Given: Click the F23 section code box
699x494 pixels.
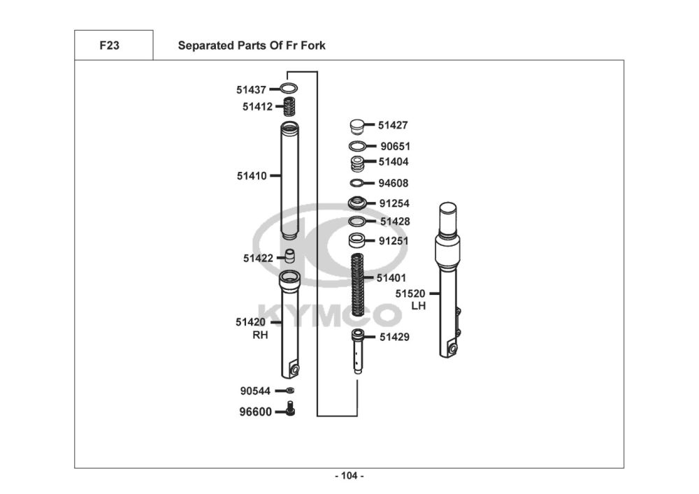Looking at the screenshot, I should coord(109,46).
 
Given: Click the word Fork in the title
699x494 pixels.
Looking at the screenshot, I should coord(312,46).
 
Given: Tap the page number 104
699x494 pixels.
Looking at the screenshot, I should coord(349,476).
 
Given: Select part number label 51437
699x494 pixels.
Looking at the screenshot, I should coord(251,90).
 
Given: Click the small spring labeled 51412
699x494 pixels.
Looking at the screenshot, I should coord(287,108).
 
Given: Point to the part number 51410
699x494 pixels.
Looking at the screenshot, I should coord(252,176).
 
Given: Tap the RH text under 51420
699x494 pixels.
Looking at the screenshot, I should coord(260,335).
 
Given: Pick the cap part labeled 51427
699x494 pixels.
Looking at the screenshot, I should coord(357,126).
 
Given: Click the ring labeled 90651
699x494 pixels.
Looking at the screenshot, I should coord(357,147).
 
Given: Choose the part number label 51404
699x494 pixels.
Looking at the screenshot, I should coord(393,162).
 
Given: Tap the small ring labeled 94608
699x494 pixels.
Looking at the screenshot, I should coord(357,184).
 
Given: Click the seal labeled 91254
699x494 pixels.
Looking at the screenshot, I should coord(358,203).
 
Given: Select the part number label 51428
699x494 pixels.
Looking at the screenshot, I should coord(395,221).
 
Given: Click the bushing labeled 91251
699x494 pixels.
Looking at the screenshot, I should coord(358,242).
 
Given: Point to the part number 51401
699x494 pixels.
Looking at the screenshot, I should coord(391,278).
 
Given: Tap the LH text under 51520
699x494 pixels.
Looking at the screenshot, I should coord(418,305).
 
